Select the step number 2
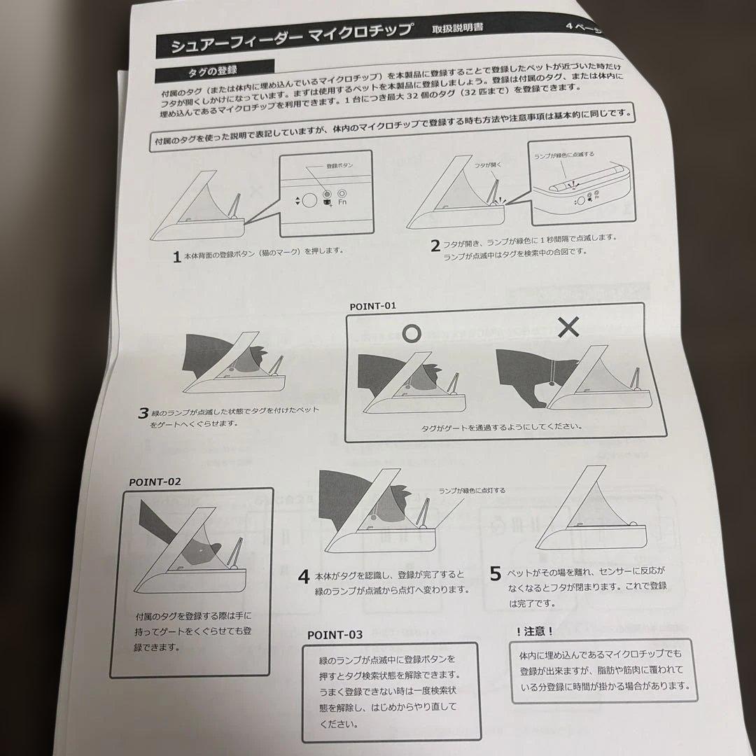pyautogui.click(x=435, y=246)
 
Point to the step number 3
pyautogui.click(x=143, y=412)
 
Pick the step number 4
pyautogui.click(x=303, y=577)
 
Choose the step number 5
pyautogui.click(x=495, y=574)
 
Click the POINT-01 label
pyautogui.click(x=373, y=306)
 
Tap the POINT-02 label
pyautogui.click(x=155, y=482)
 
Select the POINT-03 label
pyautogui.click(x=335, y=635)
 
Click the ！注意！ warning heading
pyautogui.click(x=534, y=631)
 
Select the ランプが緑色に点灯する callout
pyautogui.click(x=472, y=491)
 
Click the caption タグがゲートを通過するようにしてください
pyautogui.click(x=501, y=426)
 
